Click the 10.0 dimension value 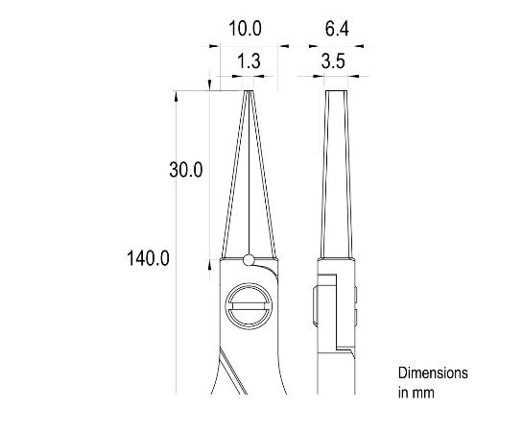pos(245,30)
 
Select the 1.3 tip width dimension pos(248,60)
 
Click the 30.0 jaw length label pos(185,170)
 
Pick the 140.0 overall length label pos(148,257)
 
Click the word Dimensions pos(433,372)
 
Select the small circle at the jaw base pos(249,259)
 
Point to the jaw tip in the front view pos(249,93)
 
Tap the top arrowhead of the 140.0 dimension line pos(177,95)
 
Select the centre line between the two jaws pos(249,173)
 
